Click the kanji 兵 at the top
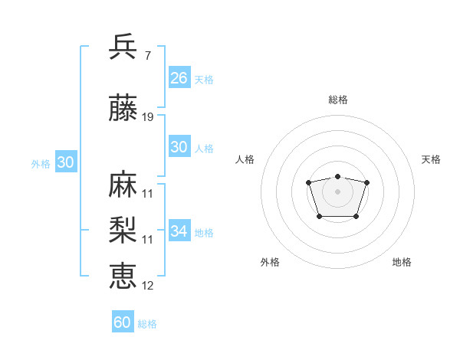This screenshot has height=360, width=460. tap(123, 47)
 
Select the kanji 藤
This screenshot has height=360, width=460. tap(123, 109)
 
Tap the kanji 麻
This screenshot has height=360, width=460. tap(123, 185)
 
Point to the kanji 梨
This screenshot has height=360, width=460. tap(123, 231)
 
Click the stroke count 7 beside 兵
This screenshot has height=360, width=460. tap(147, 56)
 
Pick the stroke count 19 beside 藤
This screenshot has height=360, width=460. tap(148, 117)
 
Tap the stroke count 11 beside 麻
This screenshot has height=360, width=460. tap(148, 193)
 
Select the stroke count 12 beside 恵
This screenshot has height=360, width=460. tap(148, 285)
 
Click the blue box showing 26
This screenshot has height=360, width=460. tap(179, 78)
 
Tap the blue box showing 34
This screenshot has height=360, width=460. tap(179, 231)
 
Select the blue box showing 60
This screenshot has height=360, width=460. tap(123, 322)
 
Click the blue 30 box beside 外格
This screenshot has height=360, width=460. tap(65, 162)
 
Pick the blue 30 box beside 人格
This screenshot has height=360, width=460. tap(179, 147)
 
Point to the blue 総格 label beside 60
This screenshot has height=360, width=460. tap(147, 324)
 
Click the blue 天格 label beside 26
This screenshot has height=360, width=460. tap(204, 80)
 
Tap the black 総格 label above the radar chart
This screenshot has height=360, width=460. tap(337, 100)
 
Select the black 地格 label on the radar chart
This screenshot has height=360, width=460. tap(402, 262)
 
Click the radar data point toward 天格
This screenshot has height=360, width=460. tap(366, 182)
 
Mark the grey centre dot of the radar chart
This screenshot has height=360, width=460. tap(337, 191)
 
